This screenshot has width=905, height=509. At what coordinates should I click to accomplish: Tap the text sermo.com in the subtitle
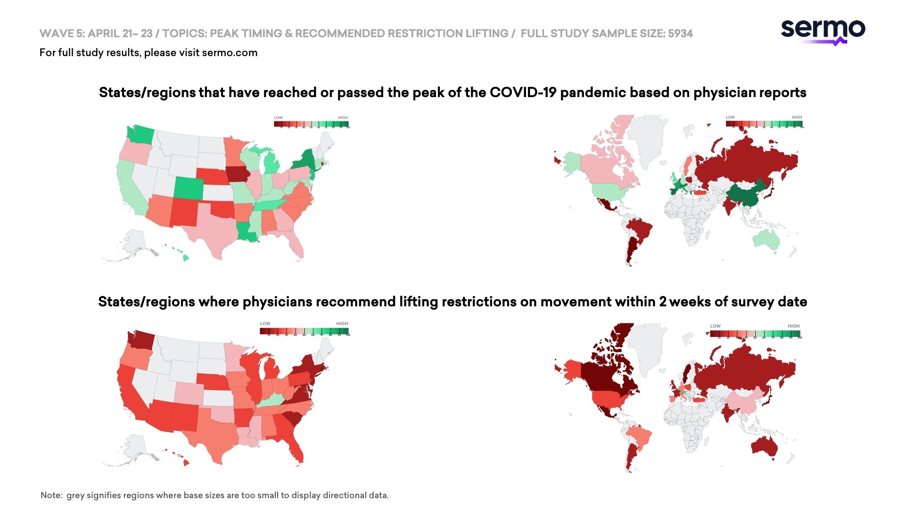(230, 52)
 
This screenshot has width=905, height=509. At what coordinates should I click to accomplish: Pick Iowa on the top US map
(238, 174)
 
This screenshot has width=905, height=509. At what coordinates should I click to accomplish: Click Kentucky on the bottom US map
(270, 400)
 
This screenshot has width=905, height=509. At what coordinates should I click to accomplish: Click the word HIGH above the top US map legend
(343, 118)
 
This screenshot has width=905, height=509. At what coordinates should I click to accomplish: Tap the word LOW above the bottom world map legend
(715, 326)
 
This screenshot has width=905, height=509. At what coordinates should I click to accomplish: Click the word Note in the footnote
(51, 495)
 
